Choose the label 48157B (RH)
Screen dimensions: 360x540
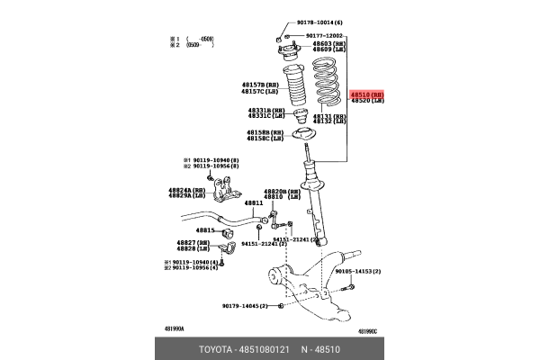[257, 84]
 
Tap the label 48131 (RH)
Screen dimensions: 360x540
[328, 116]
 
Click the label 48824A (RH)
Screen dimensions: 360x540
[186, 191]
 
